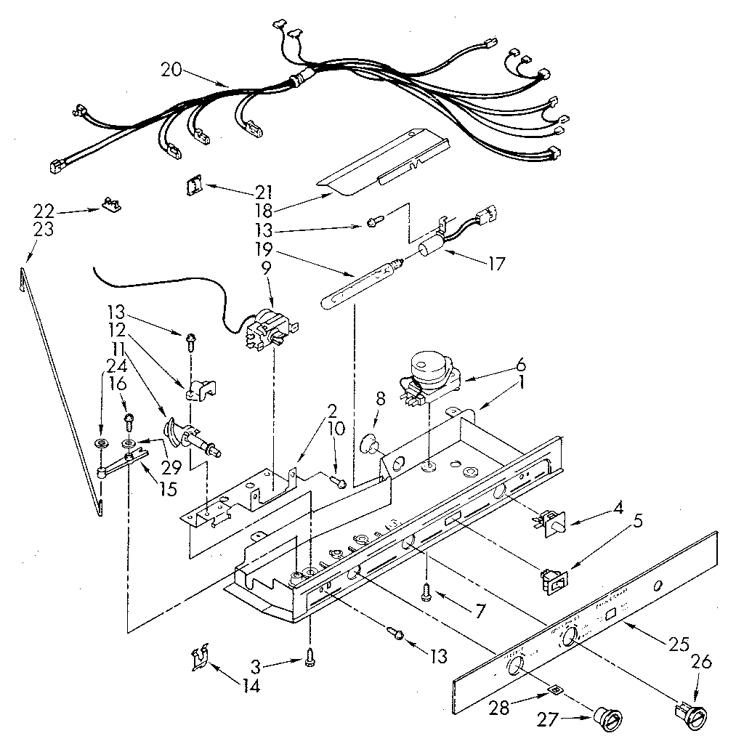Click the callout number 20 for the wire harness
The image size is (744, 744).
click(x=172, y=70)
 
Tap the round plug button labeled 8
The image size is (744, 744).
click(x=371, y=443)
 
